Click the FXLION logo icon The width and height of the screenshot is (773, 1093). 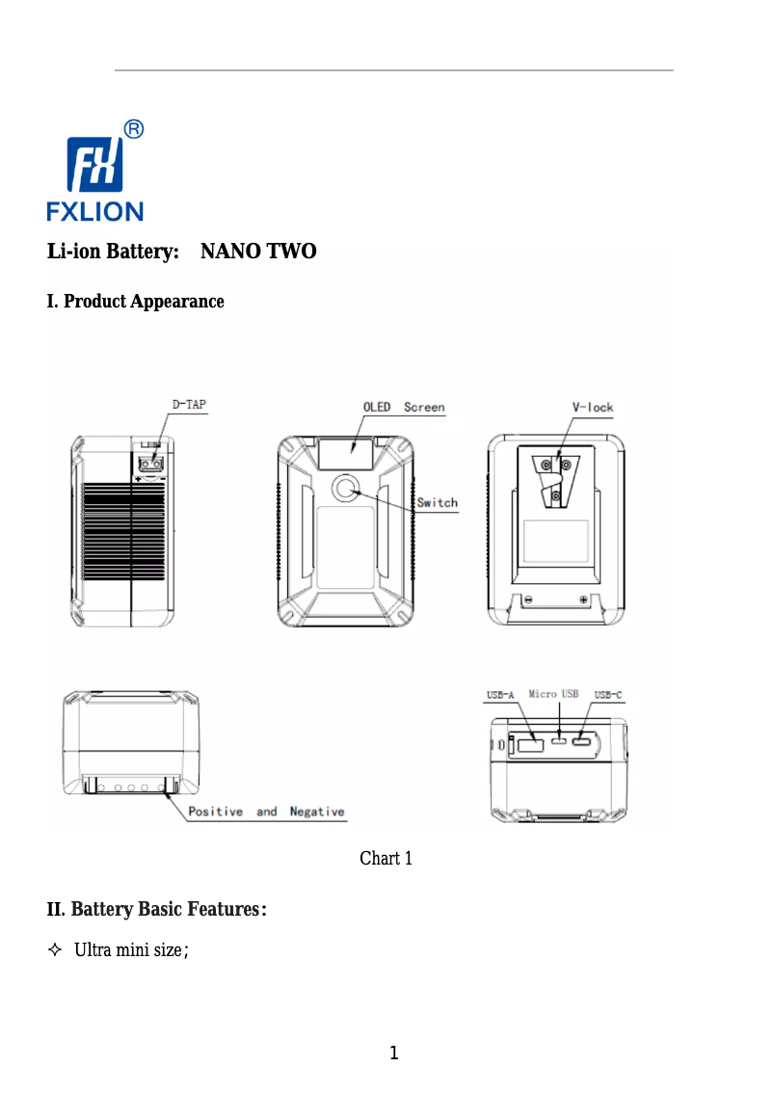pyautogui.click(x=95, y=165)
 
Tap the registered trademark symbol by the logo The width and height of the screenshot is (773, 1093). pyautogui.click(x=135, y=129)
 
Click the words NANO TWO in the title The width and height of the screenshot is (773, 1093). pyautogui.click(x=258, y=253)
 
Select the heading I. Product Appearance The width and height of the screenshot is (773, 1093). pyautogui.click(x=136, y=302)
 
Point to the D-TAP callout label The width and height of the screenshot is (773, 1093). pyautogui.click(x=189, y=406)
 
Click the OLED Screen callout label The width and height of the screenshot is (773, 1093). pyautogui.click(x=404, y=407)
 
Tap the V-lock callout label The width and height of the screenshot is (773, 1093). pyautogui.click(x=593, y=407)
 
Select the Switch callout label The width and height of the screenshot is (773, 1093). pyautogui.click(x=437, y=502)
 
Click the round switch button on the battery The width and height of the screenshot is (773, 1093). pyautogui.click(x=345, y=490)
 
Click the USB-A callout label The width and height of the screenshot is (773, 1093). pyautogui.click(x=501, y=694)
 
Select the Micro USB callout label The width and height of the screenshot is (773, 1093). pyautogui.click(x=553, y=694)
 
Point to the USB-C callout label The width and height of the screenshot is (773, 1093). pyautogui.click(x=608, y=694)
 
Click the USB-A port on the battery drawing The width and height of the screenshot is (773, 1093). pyautogui.click(x=529, y=744)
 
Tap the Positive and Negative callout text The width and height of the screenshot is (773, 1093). pyautogui.click(x=266, y=812)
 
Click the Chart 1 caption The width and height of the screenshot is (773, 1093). pyautogui.click(x=386, y=858)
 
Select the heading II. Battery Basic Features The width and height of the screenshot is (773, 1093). pyautogui.click(x=157, y=909)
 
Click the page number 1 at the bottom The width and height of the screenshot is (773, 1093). pyautogui.click(x=393, y=1053)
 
